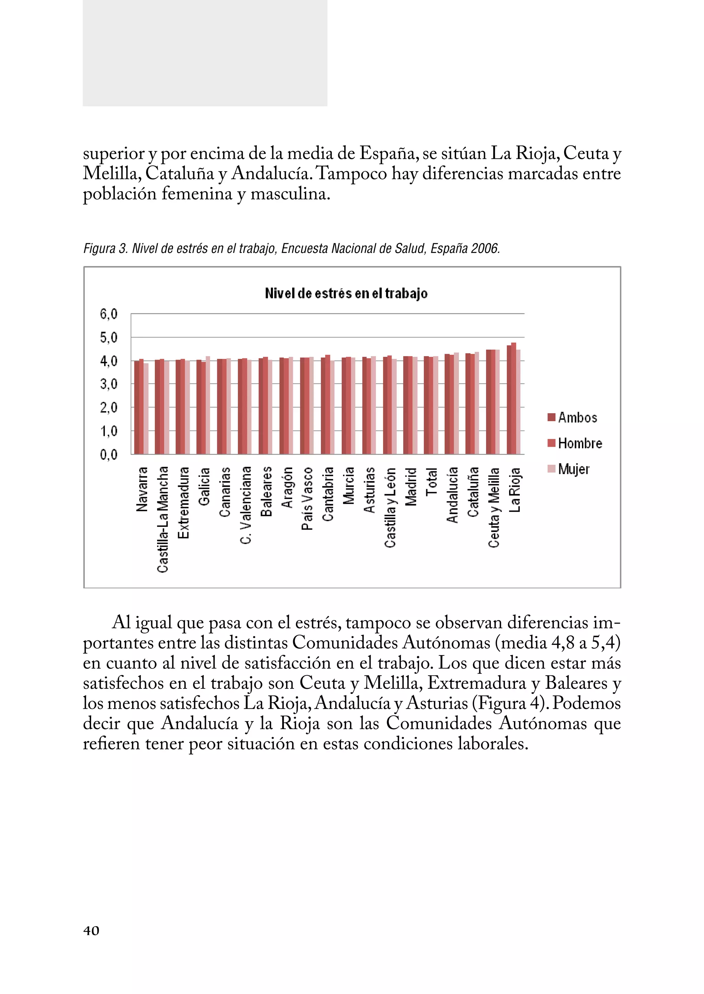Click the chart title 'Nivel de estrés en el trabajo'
[346, 294]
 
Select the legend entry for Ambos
[572, 418]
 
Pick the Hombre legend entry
[575, 443]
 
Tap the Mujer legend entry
[569, 468]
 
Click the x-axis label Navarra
[142, 489]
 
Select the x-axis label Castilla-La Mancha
[163, 519]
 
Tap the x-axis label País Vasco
[307, 498]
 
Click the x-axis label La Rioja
[515, 490]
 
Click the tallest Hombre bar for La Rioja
[514, 399]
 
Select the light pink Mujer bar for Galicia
[208, 405]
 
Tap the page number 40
[91, 931]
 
